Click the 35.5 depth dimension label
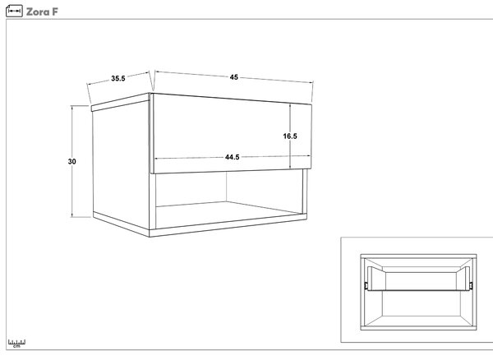tap(117, 78)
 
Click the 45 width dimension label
tap(234, 77)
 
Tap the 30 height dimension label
tap(72, 162)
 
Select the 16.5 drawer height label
tap(290, 136)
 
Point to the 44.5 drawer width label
tap(233, 157)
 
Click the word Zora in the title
tap(37, 12)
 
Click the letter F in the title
tap(55, 12)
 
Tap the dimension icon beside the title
tap(14, 11)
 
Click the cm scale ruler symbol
tap(16, 344)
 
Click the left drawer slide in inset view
tap(366, 285)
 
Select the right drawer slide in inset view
tap(471, 285)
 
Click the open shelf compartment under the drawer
tap(229, 200)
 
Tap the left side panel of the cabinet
tap(121, 165)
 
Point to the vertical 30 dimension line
tap(72, 161)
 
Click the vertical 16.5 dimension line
tap(290, 136)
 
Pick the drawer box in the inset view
tap(419, 279)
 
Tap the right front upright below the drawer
tap(305, 192)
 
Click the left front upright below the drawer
tap(153, 201)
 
